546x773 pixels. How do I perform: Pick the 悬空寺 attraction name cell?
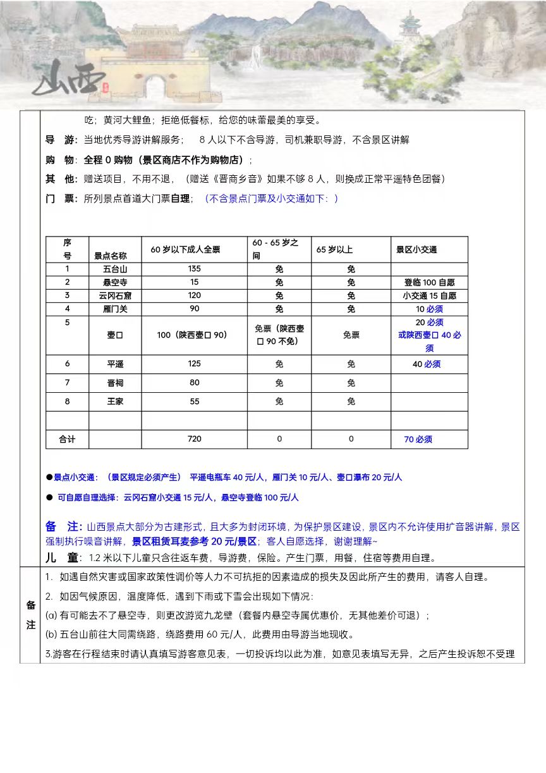tap(114, 283)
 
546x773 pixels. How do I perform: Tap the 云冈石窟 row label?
tap(114, 296)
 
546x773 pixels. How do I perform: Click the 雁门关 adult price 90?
tap(194, 309)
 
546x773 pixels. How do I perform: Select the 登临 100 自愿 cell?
tap(429, 283)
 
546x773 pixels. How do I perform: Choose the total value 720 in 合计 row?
tap(194, 439)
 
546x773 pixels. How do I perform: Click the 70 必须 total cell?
tap(418, 439)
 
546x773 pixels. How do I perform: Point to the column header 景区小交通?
tap(416, 249)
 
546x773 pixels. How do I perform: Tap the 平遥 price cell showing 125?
tap(194, 364)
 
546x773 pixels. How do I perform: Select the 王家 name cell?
tap(114, 402)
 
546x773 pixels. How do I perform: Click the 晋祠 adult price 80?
tap(194, 383)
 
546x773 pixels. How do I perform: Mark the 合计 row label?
tap(67, 439)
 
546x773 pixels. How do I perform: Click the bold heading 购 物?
tap(61, 160)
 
